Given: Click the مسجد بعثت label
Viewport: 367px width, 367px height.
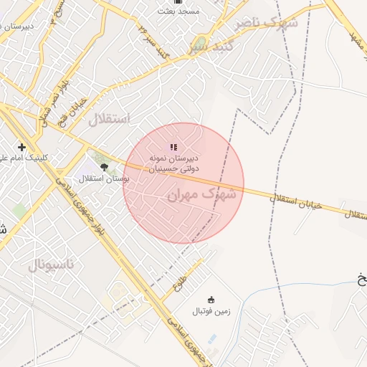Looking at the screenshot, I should (x=179, y=12).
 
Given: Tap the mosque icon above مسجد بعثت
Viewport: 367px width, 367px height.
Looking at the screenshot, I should (x=178, y=2).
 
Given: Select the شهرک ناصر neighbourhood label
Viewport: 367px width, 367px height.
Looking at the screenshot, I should (x=266, y=23).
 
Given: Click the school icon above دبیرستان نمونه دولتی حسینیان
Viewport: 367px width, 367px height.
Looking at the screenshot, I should (x=173, y=146).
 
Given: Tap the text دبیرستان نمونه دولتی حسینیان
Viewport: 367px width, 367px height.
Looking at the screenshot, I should (x=173, y=162).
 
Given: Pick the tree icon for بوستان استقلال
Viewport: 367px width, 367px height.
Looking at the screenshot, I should (x=105, y=167).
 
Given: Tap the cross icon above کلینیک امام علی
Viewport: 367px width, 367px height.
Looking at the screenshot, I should (x=22, y=147).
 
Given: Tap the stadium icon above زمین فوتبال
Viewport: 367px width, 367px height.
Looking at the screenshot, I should (x=211, y=300).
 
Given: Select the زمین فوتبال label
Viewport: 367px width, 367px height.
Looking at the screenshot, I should (x=209, y=312).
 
